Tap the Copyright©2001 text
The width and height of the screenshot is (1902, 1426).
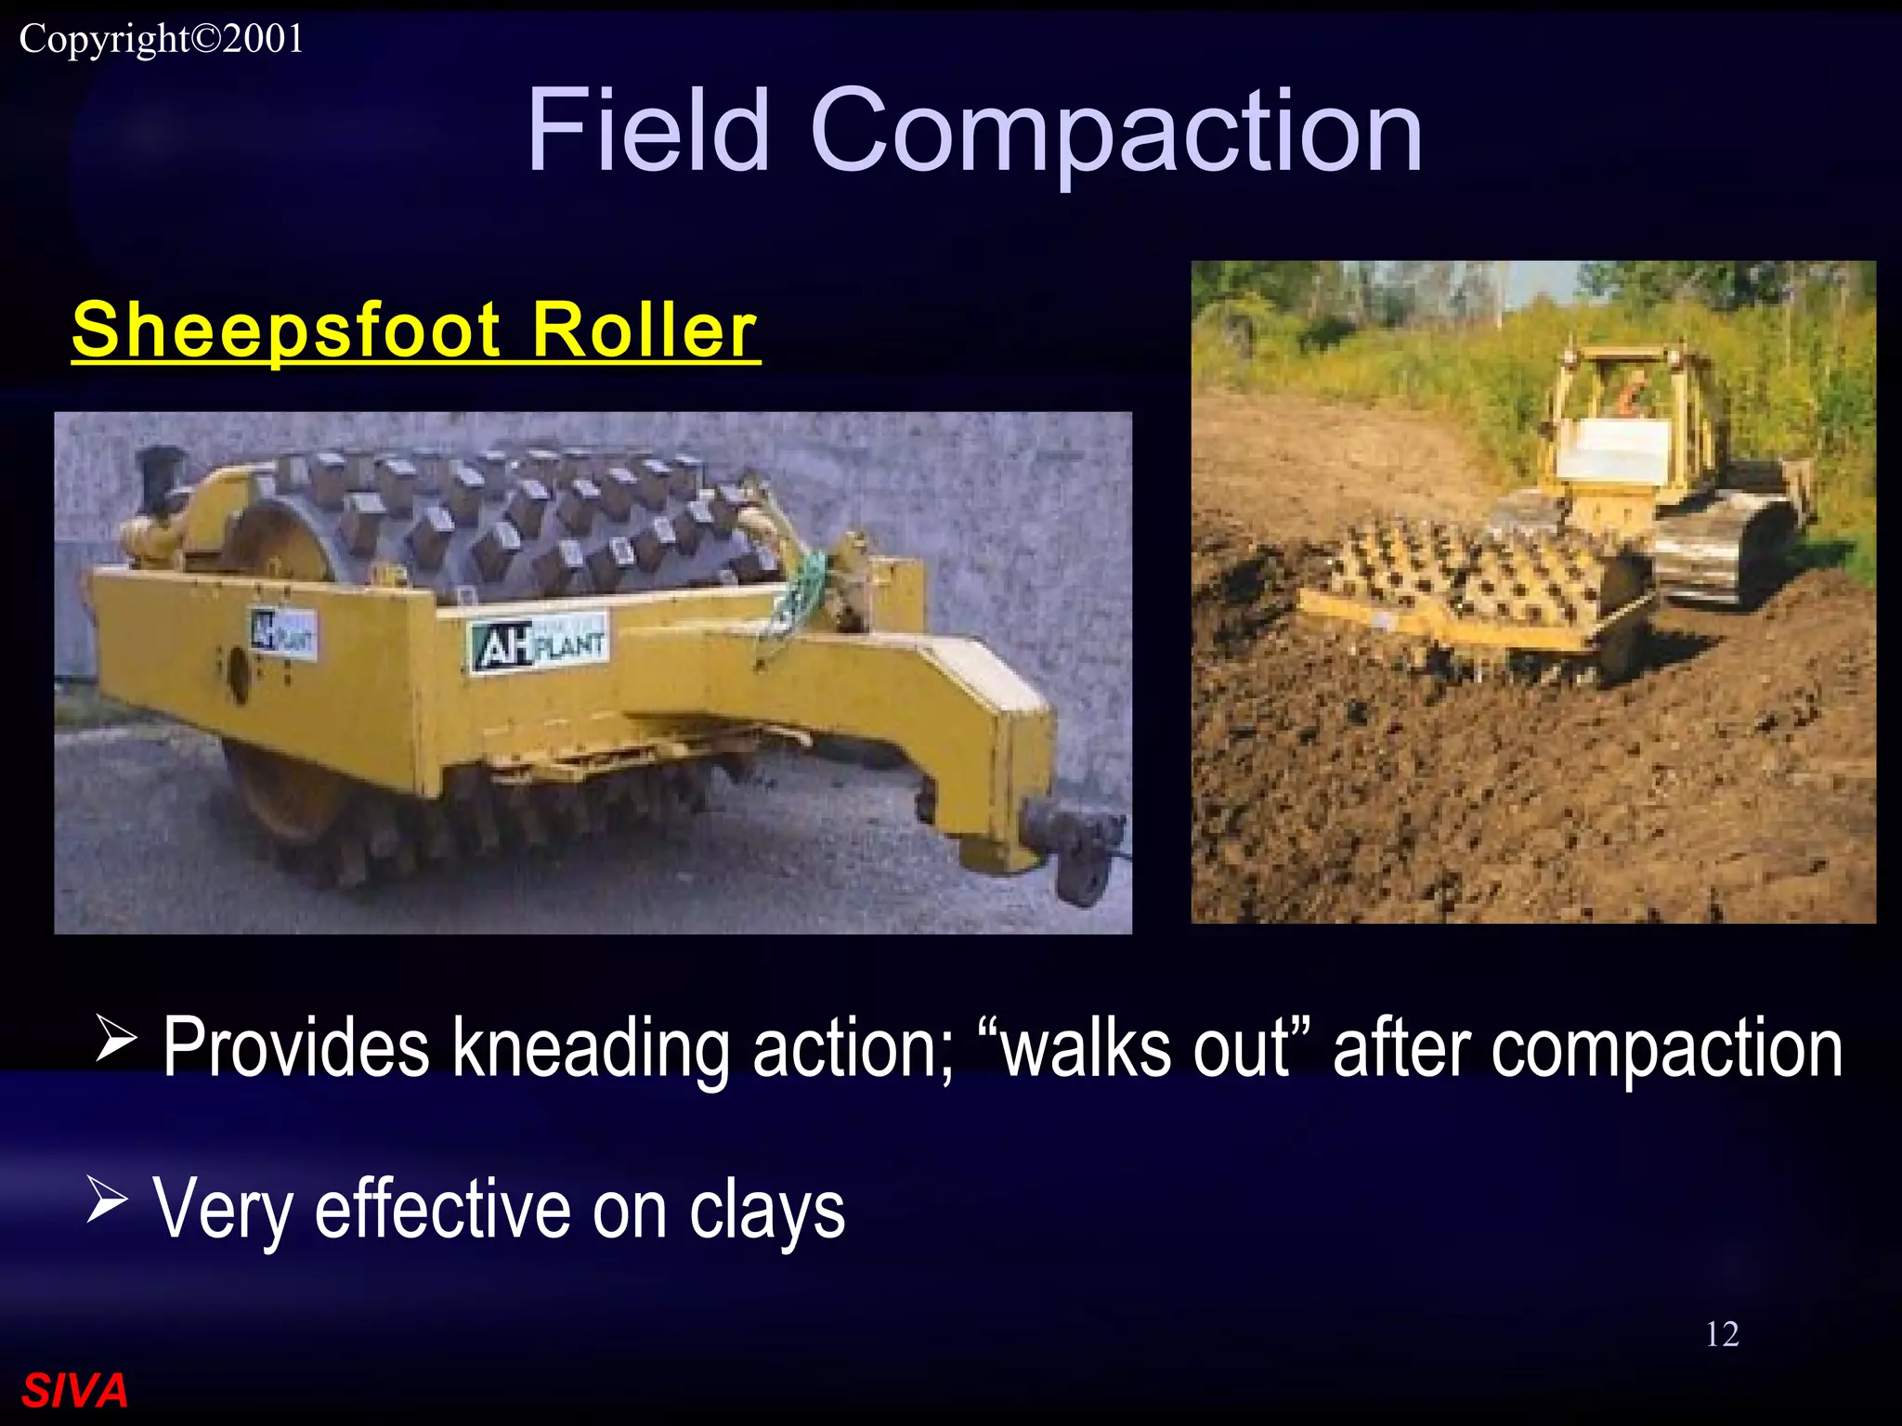point(162,39)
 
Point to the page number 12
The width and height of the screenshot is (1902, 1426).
point(1721,1334)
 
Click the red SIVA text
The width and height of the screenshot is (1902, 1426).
point(74,1391)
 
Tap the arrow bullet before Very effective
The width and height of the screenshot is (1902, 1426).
point(107,1199)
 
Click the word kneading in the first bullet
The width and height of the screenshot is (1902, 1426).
point(593,1049)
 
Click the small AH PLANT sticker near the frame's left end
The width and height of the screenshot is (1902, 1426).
point(283,635)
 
